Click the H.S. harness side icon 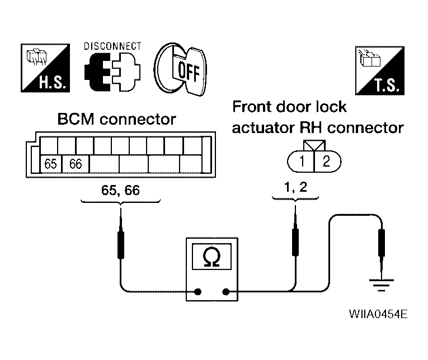(x=45, y=68)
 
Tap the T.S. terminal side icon (x=380, y=70)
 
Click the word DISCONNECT (x=112, y=46)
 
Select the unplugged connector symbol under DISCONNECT (x=112, y=72)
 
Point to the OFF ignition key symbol (x=180, y=69)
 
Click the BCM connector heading (x=116, y=119)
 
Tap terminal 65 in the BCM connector (x=51, y=164)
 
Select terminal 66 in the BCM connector (x=76, y=164)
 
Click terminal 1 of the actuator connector (x=302, y=162)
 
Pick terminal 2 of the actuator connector (x=327, y=162)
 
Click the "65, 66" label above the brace (x=120, y=191)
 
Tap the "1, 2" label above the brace (x=295, y=188)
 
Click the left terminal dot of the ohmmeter (x=198, y=292)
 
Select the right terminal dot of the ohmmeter (x=225, y=292)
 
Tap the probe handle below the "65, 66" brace (x=121, y=245)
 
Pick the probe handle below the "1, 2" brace (x=295, y=242)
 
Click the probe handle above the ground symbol (x=382, y=243)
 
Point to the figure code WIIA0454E (x=378, y=314)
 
